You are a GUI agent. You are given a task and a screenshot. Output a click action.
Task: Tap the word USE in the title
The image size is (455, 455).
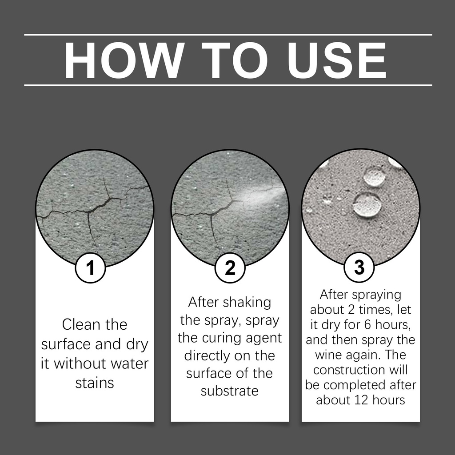tap(337, 60)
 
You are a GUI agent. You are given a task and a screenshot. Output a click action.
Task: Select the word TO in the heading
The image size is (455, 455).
tap(234, 60)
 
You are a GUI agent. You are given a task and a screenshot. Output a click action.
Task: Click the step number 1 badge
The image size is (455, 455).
tap(90, 267)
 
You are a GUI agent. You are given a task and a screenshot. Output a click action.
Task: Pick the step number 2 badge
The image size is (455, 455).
tap(230, 267)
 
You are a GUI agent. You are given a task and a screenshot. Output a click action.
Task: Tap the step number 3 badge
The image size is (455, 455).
tap(359, 267)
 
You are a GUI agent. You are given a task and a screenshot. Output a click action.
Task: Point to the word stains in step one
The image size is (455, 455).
tap(95, 383)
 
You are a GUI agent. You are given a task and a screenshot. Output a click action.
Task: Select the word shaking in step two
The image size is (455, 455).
tap(247, 303)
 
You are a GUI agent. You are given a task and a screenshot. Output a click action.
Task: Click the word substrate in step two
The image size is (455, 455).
tap(230, 391)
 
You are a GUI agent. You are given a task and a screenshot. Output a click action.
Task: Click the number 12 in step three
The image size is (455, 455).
tap(362, 400)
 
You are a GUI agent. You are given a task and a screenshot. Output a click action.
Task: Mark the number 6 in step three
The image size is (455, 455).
tap(367, 325)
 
